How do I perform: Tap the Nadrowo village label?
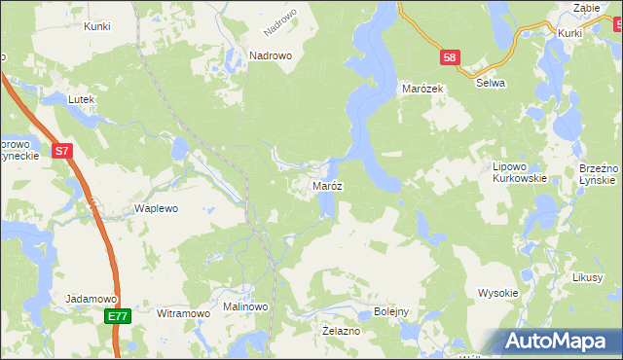(271, 56)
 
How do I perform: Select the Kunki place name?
(97, 26)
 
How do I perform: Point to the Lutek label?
(79, 99)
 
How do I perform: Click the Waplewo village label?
(156, 209)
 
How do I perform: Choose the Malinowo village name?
(245, 306)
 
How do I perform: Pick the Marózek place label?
(423, 89)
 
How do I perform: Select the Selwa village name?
(490, 84)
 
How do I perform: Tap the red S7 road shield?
(61, 151)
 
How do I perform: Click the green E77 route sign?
(117, 316)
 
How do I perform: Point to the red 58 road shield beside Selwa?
(449, 58)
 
